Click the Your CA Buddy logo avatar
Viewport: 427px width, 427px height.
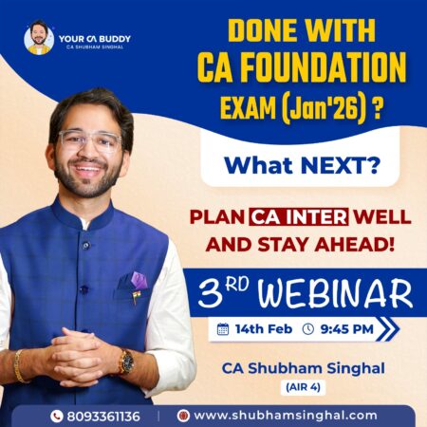[38, 38]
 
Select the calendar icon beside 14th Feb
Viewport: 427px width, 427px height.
[223, 329]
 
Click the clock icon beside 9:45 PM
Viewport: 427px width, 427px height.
[308, 329]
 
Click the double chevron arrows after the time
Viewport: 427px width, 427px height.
[387, 329]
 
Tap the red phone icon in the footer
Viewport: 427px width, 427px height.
[56, 416]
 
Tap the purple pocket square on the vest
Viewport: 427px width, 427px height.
[139, 280]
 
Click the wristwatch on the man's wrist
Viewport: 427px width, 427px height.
[124, 362]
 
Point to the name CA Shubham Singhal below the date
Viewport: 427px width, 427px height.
[301, 365]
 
